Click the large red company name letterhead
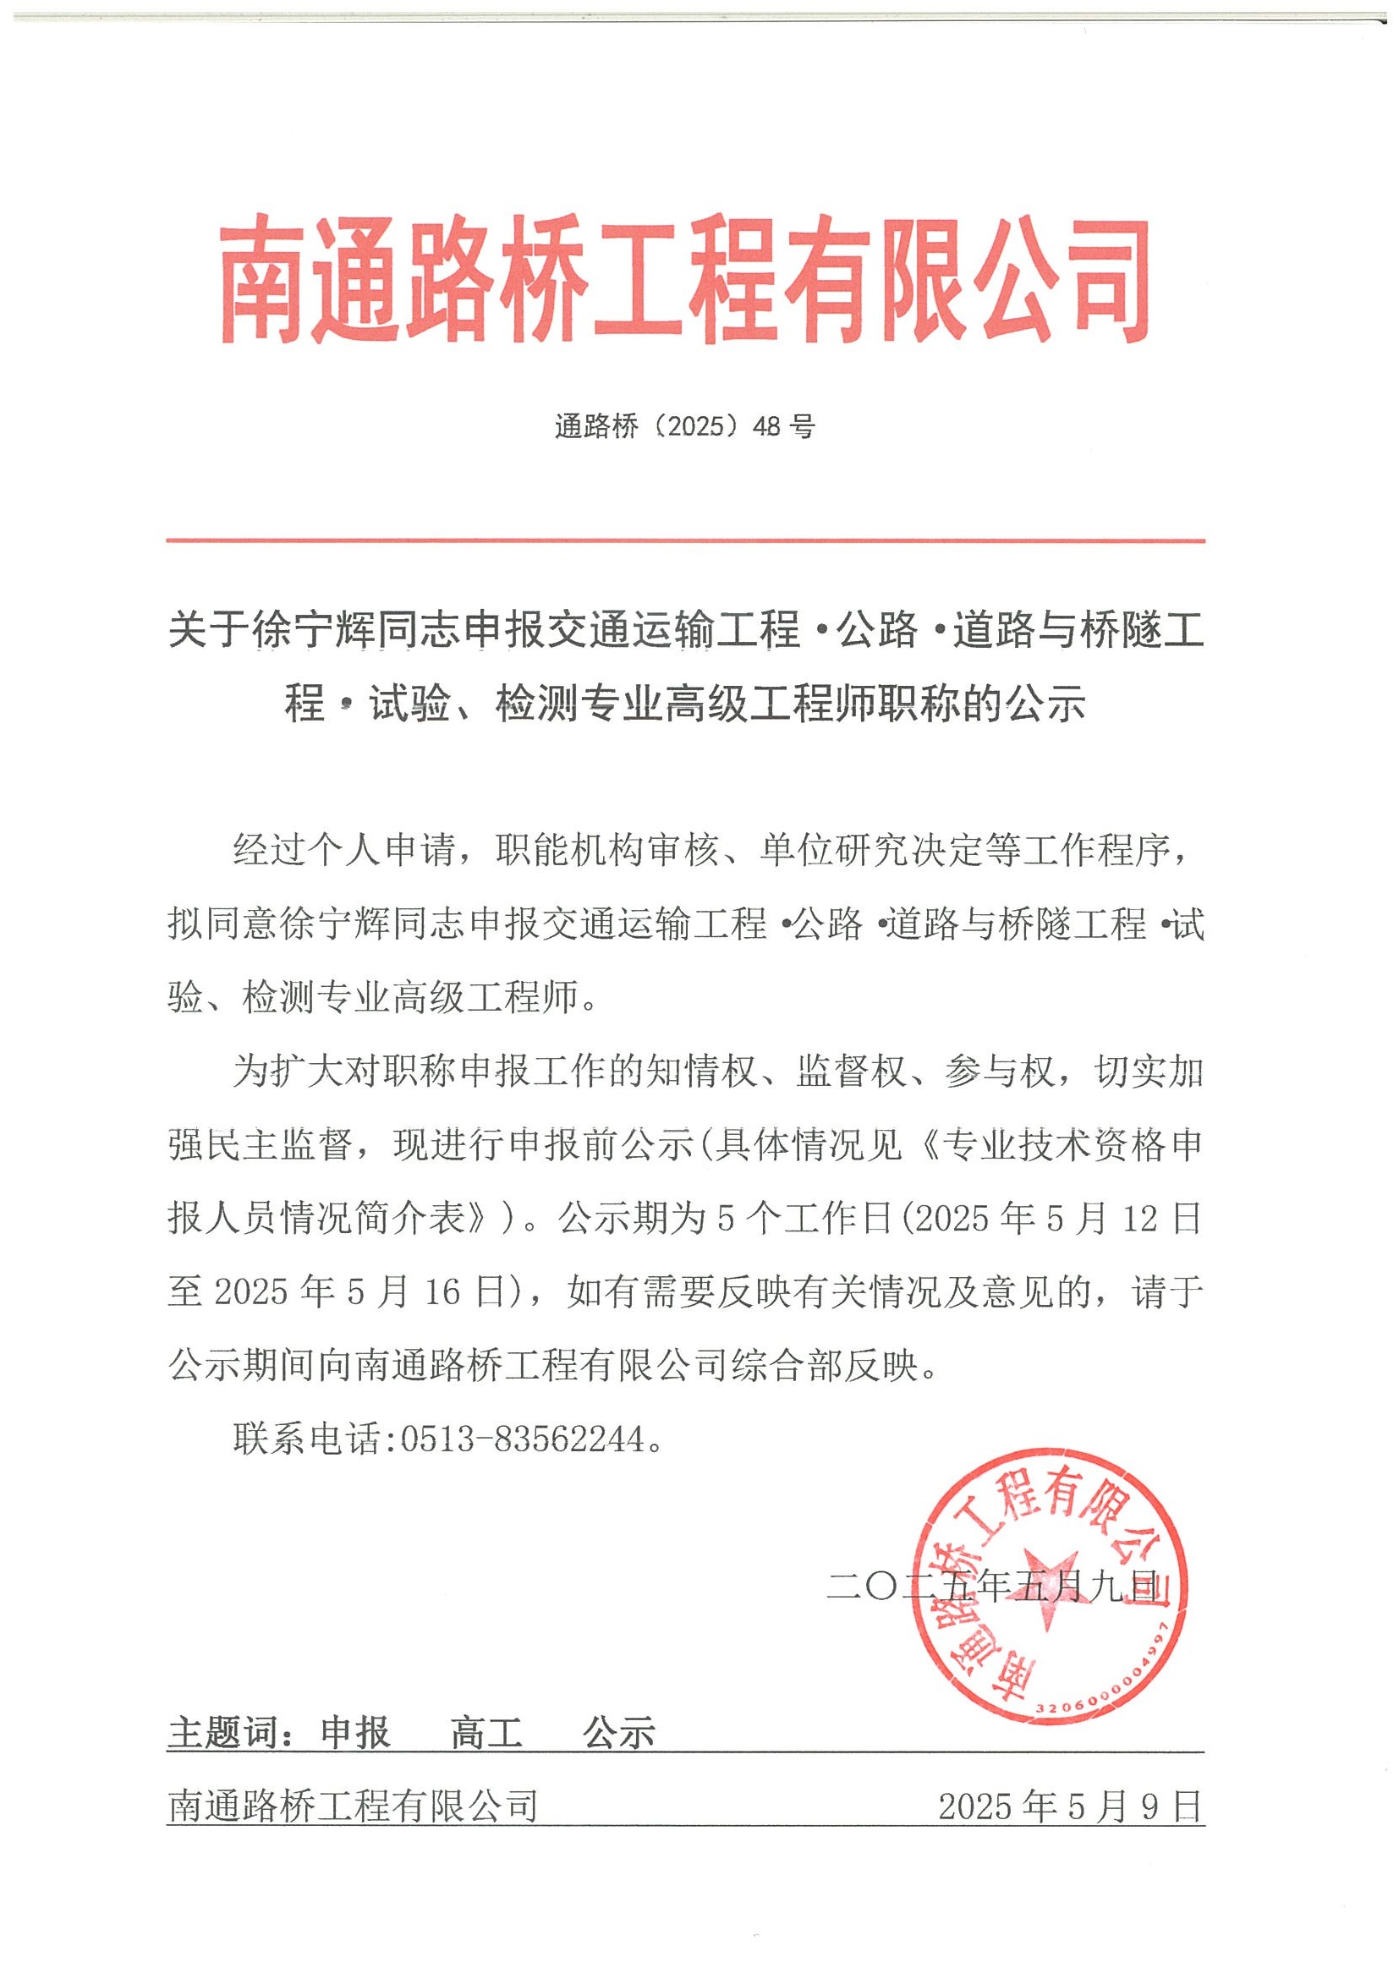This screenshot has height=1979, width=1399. click(x=685, y=282)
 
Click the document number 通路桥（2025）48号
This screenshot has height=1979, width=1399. click(x=684, y=426)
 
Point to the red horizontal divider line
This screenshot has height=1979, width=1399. click(x=685, y=541)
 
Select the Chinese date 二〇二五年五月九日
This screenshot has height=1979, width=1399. click(x=991, y=1587)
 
